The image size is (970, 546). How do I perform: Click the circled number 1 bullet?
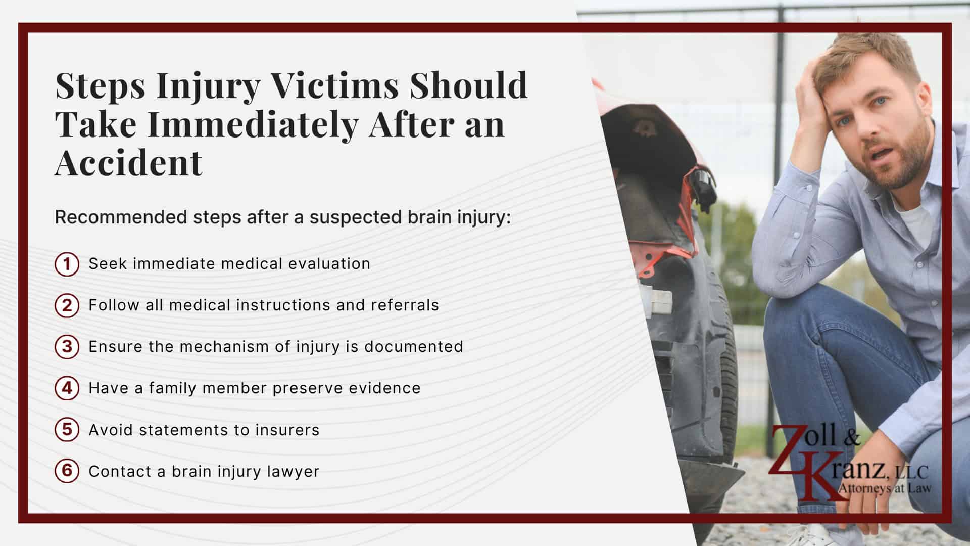(x=67, y=264)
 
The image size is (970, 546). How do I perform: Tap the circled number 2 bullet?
(x=67, y=306)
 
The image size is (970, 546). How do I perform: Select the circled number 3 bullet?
(x=67, y=347)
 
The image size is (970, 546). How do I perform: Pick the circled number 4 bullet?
(x=67, y=389)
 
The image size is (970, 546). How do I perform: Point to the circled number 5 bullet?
(x=67, y=430)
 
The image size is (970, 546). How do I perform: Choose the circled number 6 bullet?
(x=67, y=472)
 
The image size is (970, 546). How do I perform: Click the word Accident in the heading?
(x=128, y=163)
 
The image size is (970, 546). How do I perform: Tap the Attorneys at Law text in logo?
(x=884, y=488)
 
